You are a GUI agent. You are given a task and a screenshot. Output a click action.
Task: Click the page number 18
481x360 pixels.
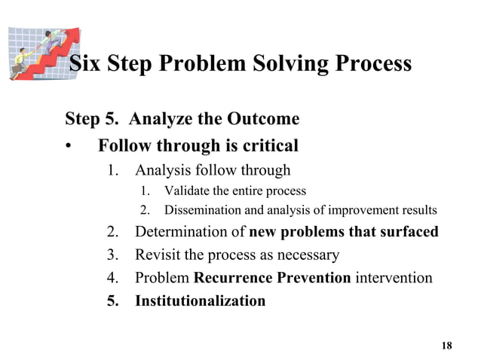[447, 346]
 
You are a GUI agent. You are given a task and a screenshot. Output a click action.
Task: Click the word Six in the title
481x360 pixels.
[84, 63]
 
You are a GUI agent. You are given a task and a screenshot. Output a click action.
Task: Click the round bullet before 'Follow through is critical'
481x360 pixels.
[69, 146]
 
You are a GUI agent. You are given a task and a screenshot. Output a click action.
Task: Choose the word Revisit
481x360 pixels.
[159, 255]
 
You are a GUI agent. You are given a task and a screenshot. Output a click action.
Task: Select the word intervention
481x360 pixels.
[394, 278]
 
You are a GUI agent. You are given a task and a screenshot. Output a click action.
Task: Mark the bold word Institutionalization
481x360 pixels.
[200, 301]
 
